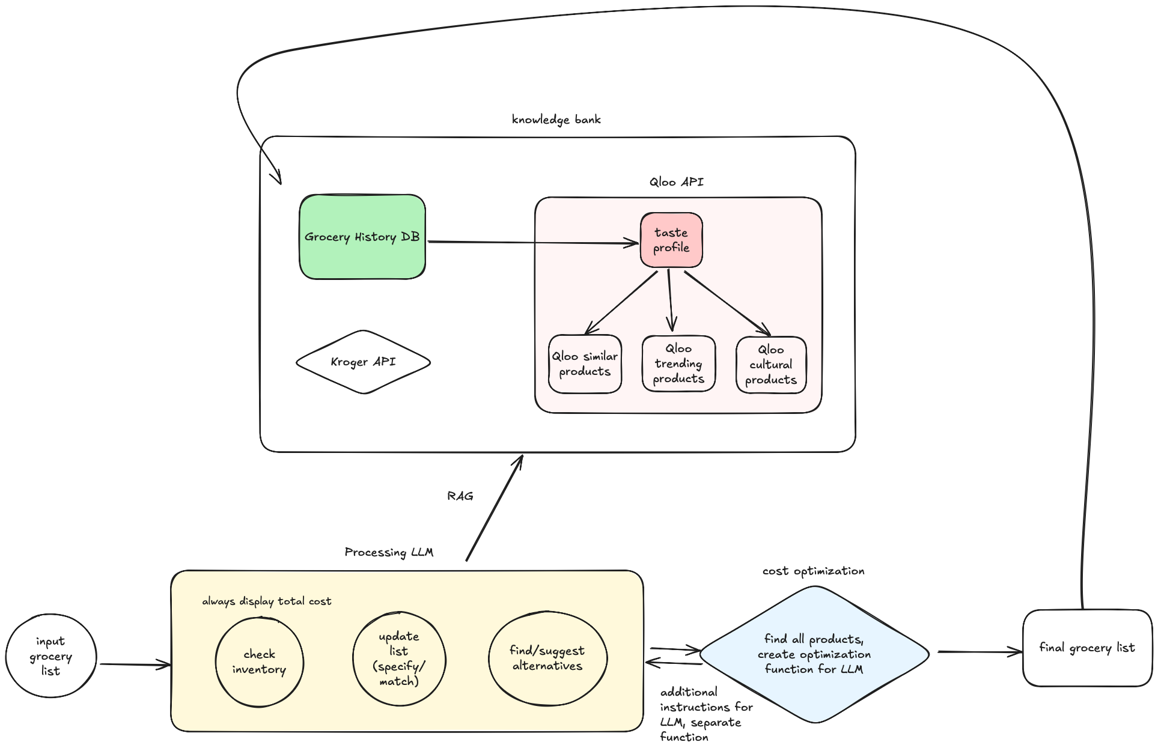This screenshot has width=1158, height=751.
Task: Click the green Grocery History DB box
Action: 362,237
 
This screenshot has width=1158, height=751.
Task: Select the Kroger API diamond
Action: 363,362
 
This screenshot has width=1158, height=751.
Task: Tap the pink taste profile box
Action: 671,240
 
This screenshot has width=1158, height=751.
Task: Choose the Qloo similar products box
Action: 585,364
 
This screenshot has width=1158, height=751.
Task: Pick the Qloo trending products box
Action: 678,363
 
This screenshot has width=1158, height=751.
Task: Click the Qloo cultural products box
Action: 771,365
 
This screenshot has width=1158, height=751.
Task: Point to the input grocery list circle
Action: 51,656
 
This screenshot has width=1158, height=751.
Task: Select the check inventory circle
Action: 260,661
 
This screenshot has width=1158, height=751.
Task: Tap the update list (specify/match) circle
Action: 399,658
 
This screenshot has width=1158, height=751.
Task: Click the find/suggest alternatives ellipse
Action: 547,658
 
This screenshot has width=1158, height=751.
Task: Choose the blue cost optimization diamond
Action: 814,654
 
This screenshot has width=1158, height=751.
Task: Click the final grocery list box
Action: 1087,648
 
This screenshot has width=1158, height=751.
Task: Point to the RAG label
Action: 460,496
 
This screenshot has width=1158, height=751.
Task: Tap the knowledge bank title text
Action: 556,120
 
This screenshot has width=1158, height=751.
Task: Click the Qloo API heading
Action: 676,182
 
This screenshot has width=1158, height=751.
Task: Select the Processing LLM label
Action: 389,552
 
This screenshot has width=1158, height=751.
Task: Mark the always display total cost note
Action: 266,601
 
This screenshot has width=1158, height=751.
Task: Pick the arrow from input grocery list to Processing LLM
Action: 135,664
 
